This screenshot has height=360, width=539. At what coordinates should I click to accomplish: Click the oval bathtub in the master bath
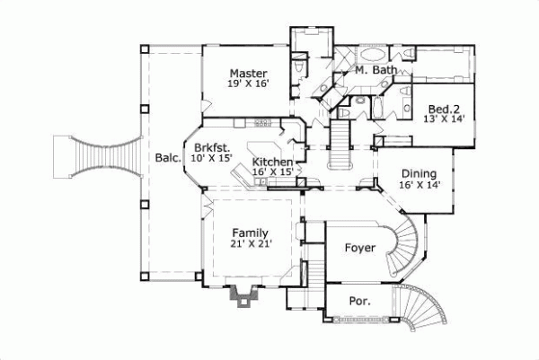pyautogui.click(x=374, y=52)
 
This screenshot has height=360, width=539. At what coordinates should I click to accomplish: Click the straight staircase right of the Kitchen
pyautogui.click(x=340, y=144)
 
